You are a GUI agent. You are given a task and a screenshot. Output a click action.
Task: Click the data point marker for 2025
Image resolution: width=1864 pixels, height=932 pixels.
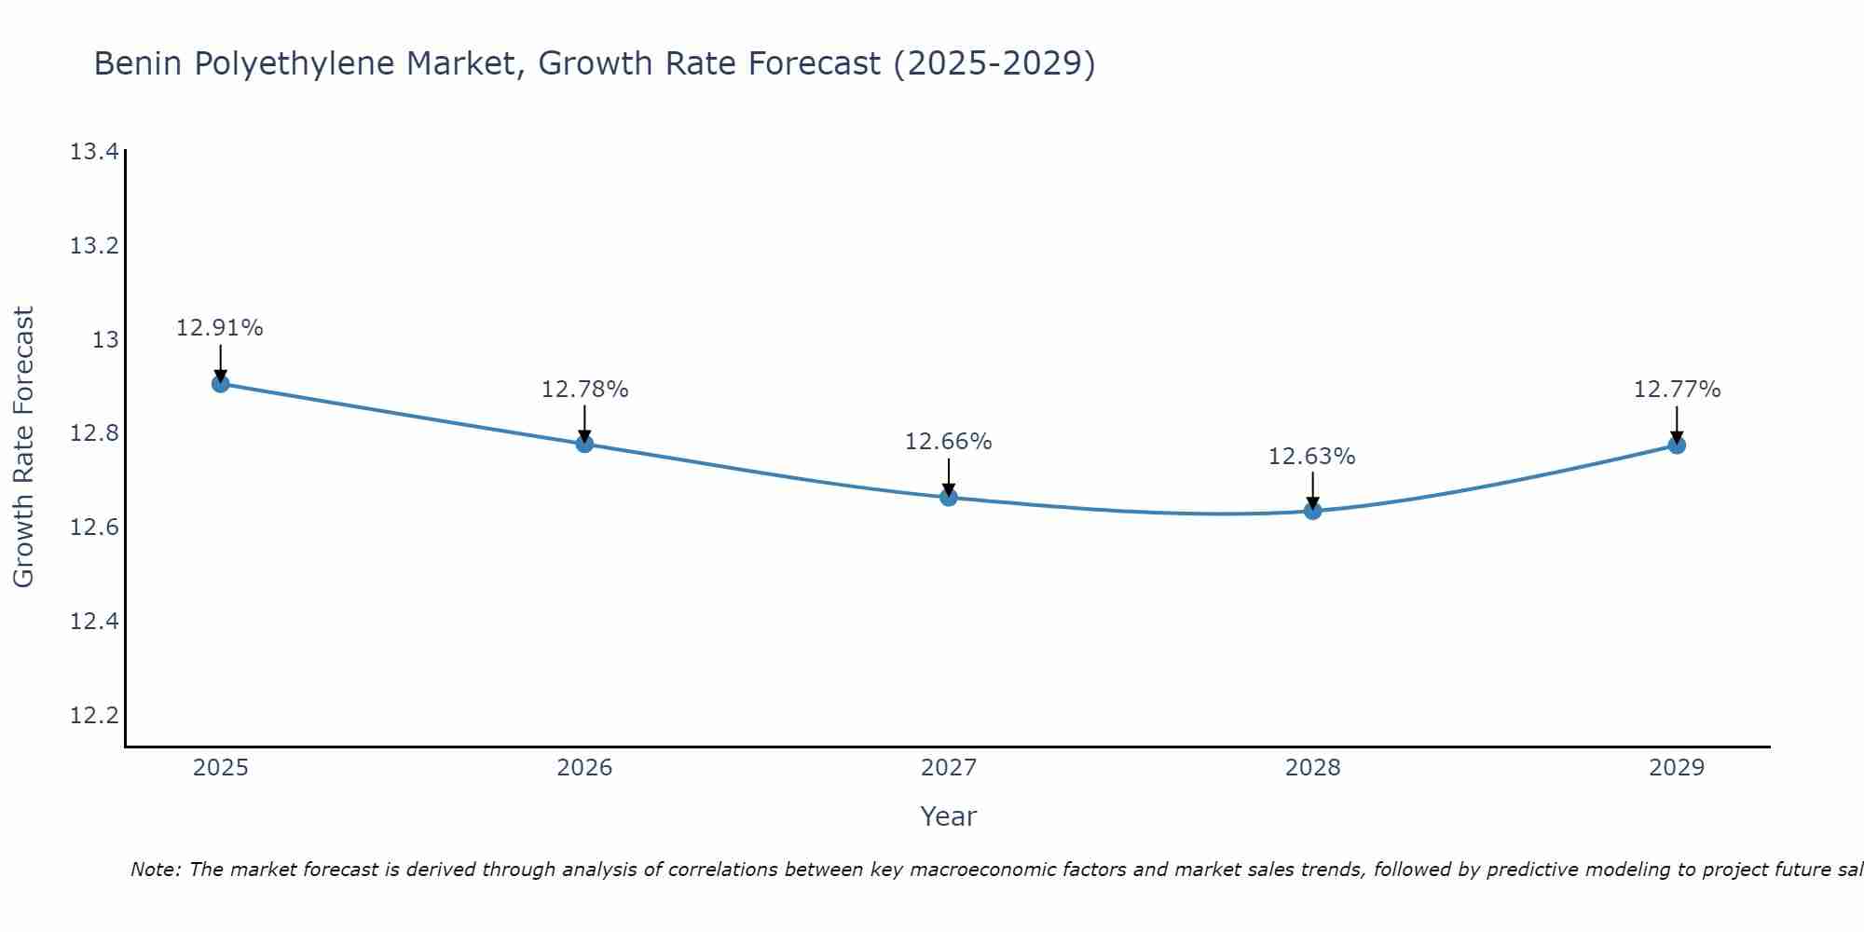pos(221,383)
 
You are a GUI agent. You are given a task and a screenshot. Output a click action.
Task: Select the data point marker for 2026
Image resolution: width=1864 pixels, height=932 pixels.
pos(584,444)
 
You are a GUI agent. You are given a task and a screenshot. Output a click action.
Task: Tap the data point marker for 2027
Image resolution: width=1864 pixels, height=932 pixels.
pos(949,497)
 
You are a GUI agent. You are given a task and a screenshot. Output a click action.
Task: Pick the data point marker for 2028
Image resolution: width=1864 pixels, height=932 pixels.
pos(1312,511)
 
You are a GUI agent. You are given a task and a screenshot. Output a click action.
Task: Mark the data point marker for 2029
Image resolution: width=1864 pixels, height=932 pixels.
pos(1677,445)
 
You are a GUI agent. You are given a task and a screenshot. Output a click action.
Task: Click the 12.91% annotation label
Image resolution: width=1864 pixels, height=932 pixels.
pos(220,328)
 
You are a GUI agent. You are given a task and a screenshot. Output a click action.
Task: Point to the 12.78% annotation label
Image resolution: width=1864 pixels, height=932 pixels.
pos(584,390)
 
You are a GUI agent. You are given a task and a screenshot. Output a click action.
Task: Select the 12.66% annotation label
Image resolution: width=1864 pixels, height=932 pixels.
pos(949,442)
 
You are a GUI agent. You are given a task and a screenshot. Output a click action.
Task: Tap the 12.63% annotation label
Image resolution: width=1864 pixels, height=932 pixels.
pos(1312,457)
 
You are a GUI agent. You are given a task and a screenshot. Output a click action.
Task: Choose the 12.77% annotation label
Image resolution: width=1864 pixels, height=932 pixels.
pos(1677,390)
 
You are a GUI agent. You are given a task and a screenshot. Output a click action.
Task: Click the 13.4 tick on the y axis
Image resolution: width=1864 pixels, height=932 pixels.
pos(95,152)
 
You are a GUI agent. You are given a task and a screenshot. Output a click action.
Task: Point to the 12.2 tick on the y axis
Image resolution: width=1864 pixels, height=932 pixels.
pos(95,716)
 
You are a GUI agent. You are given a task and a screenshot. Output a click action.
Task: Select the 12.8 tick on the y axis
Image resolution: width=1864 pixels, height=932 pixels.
pos(95,433)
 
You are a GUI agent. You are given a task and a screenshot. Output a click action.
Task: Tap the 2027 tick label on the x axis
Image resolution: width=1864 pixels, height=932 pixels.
pos(949,768)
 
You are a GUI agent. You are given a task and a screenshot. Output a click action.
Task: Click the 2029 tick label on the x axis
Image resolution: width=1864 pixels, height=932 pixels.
pos(1677,768)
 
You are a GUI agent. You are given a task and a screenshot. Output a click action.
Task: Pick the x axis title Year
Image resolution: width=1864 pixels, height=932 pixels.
pos(949,816)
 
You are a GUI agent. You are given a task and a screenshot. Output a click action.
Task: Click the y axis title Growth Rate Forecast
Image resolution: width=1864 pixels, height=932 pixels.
pos(23,447)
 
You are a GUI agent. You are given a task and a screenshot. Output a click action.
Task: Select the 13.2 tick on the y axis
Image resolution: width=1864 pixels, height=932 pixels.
pos(95,246)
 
